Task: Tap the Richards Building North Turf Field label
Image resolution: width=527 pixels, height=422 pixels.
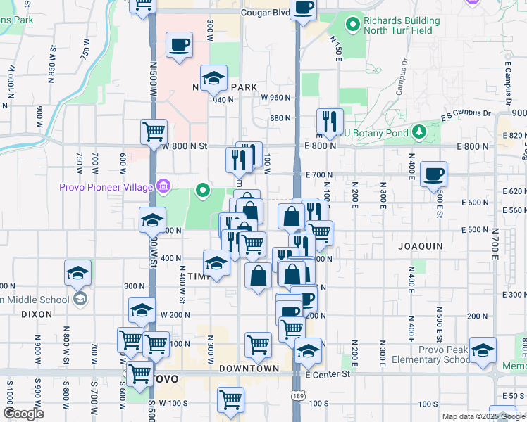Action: coord(402,25)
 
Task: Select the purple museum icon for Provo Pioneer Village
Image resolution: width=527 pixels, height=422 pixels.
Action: coord(163,186)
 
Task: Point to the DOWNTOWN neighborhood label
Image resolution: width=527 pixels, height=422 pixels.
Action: coord(249,369)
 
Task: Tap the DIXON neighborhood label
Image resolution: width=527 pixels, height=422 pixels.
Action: coord(37,314)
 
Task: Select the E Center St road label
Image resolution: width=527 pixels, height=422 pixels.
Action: coord(328,374)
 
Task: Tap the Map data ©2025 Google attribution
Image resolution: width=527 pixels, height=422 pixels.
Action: coord(483,416)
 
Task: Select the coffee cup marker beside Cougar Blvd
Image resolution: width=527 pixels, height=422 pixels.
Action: coord(304,8)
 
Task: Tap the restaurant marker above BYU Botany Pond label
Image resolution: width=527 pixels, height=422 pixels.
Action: coord(329,121)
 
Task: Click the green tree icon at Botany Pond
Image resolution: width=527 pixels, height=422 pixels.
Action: coord(418,132)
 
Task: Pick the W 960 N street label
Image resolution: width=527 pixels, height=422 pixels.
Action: coord(275,98)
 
